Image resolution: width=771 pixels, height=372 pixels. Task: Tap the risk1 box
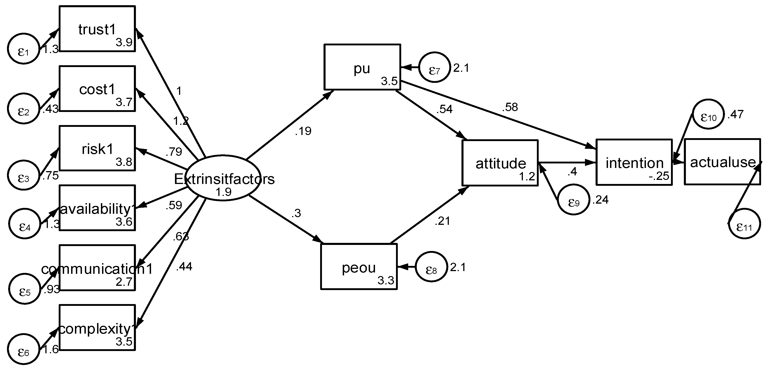[x=97, y=148]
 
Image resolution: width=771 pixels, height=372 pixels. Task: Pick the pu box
[x=362, y=67]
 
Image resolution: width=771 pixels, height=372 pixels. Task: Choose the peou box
[x=359, y=267]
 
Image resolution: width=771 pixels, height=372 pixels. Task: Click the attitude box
[x=500, y=163]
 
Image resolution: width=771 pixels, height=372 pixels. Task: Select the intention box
[x=634, y=162]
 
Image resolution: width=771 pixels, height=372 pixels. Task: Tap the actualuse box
[x=722, y=162]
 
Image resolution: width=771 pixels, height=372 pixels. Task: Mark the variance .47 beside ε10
[x=735, y=114]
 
